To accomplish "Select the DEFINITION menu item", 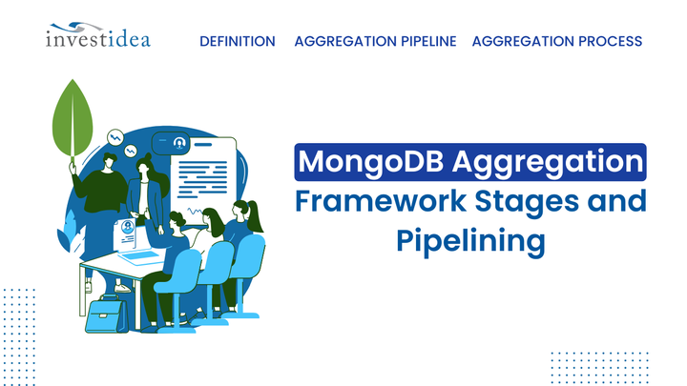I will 238,41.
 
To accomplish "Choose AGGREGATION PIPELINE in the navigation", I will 375,41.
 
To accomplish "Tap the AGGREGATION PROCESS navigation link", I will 557,41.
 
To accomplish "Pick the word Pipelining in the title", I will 469,240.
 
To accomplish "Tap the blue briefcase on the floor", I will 106,314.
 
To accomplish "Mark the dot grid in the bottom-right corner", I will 600,365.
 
